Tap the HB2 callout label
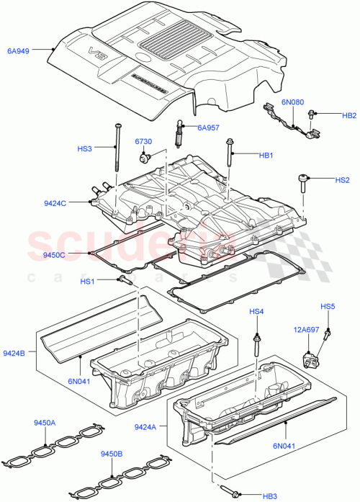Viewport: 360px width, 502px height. [x=349, y=115]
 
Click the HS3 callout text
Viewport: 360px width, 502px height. [x=85, y=150]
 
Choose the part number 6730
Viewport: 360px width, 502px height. [x=144, y=143]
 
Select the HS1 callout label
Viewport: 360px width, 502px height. [x=87, y=281]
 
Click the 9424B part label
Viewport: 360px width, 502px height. [x=14, y=353]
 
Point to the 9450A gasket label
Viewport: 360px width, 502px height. [x=48, y=423]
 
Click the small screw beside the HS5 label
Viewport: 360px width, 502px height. [x=328, y=334]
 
